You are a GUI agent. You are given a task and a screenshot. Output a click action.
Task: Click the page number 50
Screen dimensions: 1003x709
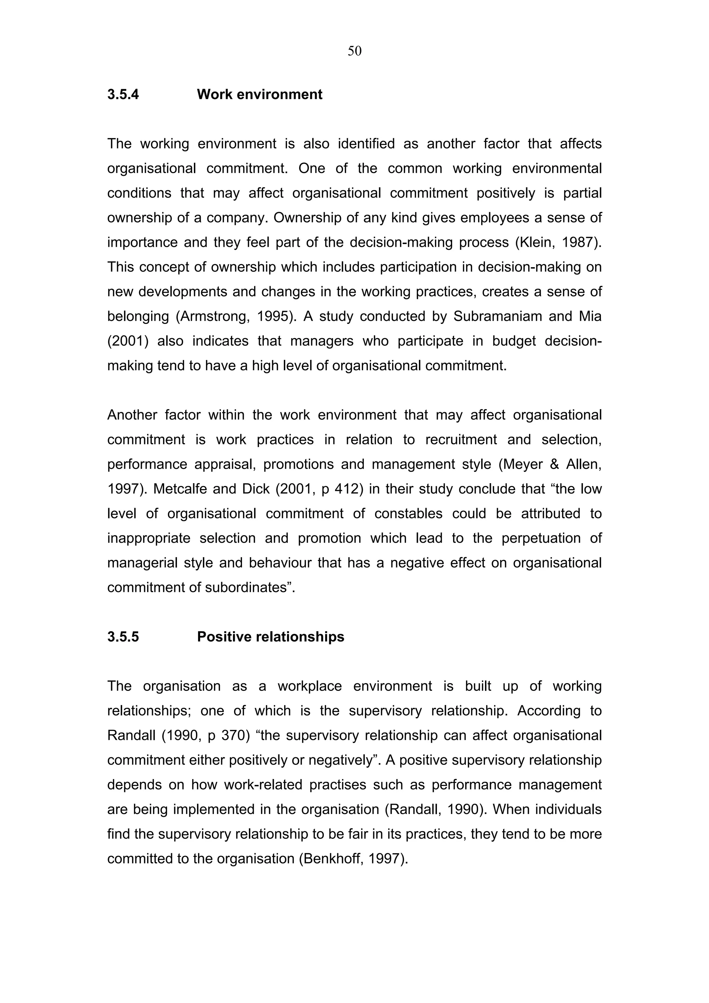pyautogui.click(x=354, y=52)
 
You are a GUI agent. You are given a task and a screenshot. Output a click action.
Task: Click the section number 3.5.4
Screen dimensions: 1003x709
pyautogui.click(x=123, y=94)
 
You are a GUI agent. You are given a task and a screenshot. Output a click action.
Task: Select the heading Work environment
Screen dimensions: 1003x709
pyautogui.click(x=260, y=94)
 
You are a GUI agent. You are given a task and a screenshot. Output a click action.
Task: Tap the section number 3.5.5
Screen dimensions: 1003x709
pyautogui.click(x=123, y=636)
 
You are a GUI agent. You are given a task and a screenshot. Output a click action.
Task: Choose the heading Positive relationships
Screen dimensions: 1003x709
pyautogui.click(x=270, y=636)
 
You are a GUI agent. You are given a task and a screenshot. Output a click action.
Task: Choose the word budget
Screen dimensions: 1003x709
pyautogui.click(x=514, y=341)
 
